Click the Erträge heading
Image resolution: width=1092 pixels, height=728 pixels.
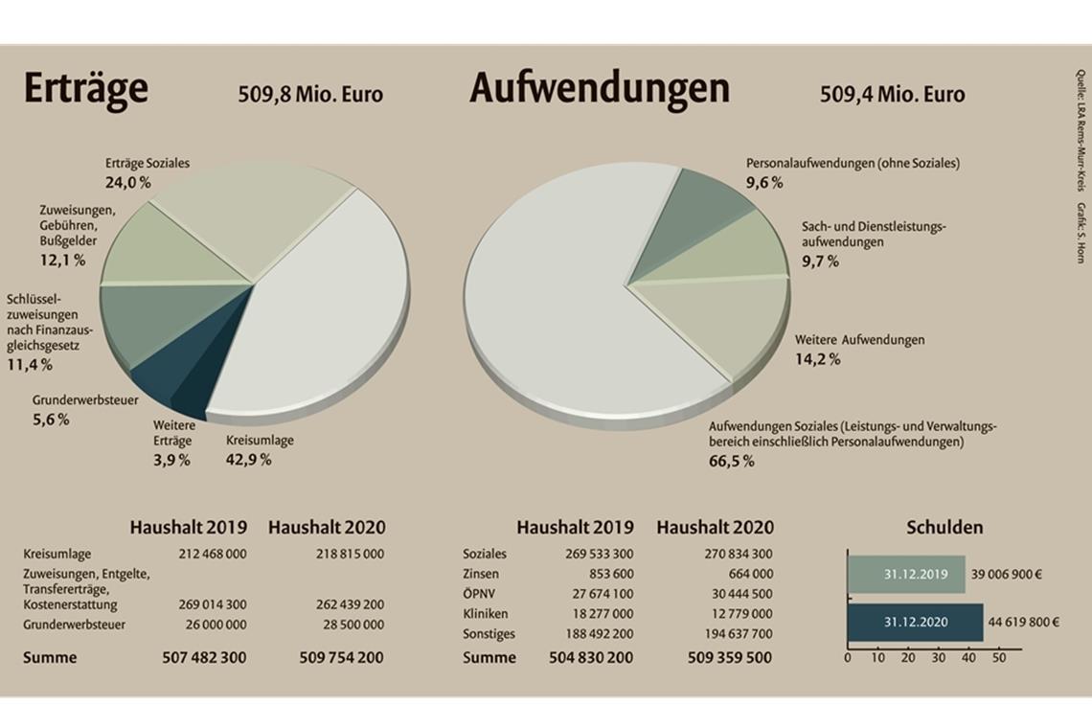[85, 89]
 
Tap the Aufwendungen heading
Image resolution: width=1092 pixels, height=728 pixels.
[599, 89]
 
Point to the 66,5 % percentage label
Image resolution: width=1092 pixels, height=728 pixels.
[731, 462]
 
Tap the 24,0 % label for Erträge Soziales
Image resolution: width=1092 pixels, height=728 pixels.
[128, 181]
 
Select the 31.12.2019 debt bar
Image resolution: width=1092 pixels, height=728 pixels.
[905, 575]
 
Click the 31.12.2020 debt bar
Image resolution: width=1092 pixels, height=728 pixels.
[915, 622]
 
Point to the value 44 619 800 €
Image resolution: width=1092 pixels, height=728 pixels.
[1024, 622]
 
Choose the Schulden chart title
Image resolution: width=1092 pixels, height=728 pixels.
[944, 528]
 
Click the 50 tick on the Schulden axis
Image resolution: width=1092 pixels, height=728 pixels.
[998, 659]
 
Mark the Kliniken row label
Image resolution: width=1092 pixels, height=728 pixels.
[485, 613]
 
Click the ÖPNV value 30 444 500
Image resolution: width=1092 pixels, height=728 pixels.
[736, 594]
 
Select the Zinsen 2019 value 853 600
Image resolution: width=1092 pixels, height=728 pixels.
[608, 574]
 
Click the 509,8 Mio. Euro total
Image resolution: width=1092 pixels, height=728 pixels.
[309, 95]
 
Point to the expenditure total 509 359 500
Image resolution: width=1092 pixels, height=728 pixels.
[729, 658]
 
